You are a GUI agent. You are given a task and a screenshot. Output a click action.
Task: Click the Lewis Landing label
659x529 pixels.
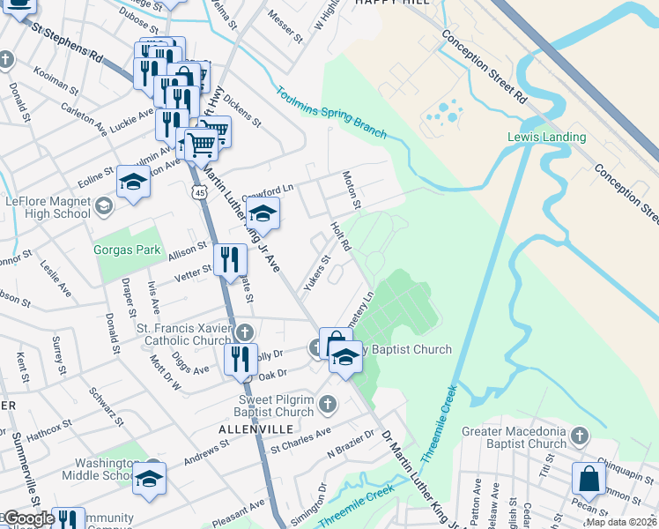546,137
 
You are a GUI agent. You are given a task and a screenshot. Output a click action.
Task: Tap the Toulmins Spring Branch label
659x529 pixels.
331,112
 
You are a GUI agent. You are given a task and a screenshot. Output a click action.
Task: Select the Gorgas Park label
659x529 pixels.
128,250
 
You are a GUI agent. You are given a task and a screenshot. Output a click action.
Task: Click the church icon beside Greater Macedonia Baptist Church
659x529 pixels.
579,435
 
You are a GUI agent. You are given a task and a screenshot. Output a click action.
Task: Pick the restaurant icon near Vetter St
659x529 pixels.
230,259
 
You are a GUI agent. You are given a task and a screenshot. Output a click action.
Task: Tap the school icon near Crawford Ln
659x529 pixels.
263,213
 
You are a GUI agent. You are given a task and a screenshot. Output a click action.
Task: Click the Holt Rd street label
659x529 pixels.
340,236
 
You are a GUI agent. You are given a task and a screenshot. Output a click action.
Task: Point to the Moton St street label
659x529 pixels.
351,190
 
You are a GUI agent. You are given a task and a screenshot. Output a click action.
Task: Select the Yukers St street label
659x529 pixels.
315,273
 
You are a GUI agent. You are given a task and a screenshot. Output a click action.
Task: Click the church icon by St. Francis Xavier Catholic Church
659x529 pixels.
246,332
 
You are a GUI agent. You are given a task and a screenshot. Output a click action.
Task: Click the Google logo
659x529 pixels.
29,518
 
